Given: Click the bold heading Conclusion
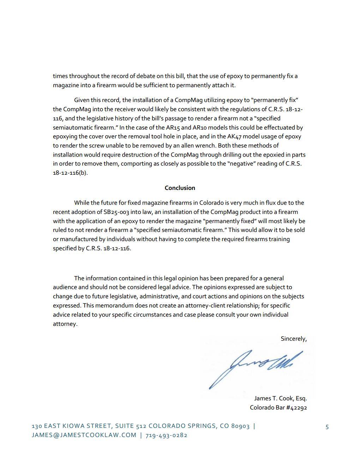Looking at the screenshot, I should [180, 188].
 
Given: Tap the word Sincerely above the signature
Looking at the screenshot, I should [293, 339].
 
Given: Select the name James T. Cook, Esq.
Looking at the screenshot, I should [280, 398].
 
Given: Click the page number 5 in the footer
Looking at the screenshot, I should [327, 427].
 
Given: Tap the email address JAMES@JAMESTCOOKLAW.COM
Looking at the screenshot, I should [84, 435].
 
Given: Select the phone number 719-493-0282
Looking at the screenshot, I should [166, 435].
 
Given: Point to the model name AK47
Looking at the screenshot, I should [234, 137].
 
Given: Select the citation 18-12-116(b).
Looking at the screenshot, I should [70, 173].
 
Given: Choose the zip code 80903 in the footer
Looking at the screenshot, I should [240, 426].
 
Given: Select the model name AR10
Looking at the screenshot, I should [199, 127].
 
